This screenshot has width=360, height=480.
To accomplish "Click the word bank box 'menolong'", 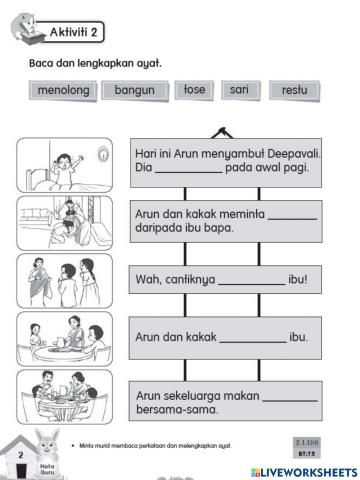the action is (x=62, y=91).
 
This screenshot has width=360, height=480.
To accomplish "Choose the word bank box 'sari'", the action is (x=238, y=90).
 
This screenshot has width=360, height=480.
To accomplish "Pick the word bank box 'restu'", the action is (x=294, y=91).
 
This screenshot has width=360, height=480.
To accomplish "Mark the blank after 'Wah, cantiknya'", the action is (x=250, y=282).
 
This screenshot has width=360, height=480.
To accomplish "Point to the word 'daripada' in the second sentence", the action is (x=161, y=227).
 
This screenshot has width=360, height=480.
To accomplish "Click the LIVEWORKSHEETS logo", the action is (x=299, y=468).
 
